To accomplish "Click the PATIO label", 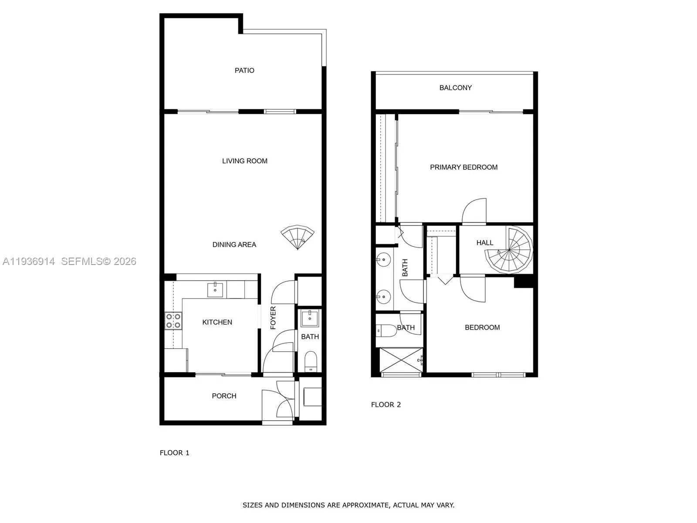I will point(244,70).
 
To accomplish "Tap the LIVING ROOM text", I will point(244,161).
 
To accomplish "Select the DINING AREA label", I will point(234,245).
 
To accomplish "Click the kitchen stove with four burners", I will point(173,321).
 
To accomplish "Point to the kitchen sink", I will point(215,289).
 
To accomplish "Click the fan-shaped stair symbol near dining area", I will point(297,237).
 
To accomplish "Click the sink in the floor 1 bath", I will point(310,318).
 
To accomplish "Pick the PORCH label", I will point(224,396).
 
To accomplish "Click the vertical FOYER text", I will point(273,317).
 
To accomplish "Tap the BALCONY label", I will point(455,88).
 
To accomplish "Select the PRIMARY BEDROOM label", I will point(464,167).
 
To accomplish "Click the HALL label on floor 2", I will point(484,243).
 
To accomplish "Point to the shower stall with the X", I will point(401,360).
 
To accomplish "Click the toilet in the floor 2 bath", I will point(385,330).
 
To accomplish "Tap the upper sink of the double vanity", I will point(383,260).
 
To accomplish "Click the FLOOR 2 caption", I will point(386,404).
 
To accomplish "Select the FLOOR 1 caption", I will point(174,453).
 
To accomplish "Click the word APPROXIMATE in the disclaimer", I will point(365,505).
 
